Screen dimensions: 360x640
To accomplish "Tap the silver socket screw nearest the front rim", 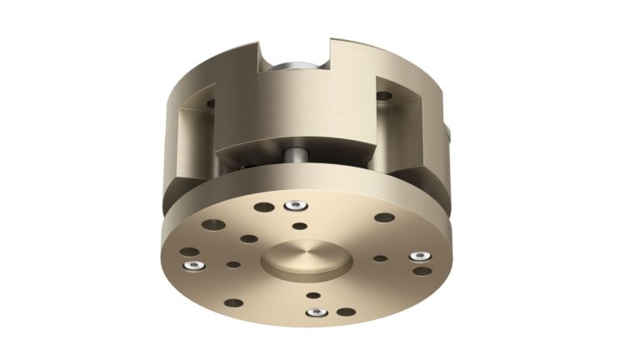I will [317, 312].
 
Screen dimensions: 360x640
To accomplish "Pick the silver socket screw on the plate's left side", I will [193, 266].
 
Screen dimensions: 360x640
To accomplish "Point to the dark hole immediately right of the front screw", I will [345, 312].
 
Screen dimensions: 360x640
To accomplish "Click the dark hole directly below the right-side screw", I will [422, 270].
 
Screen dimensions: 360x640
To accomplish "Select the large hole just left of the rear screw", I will [263, 207].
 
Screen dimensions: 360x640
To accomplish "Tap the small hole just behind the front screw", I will [313, 295].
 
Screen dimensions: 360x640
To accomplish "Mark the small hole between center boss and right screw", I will [380, 258].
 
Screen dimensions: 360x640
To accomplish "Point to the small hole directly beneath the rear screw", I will [298, 224].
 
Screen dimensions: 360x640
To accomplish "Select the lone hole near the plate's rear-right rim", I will [384, 217].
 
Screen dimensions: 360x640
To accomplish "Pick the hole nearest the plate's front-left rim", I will [234, 303].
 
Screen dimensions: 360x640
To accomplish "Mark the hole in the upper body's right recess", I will [383, 96].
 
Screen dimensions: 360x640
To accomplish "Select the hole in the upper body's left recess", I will [210, 104].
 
